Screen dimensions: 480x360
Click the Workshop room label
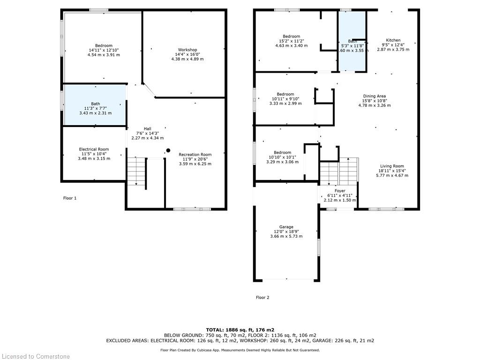click(187, 50)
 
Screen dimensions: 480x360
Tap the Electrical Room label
click(94, 149)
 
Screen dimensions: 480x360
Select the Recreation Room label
click(195, 154)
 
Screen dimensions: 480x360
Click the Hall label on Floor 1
click(148, 128)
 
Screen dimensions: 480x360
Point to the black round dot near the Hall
click(168, 150)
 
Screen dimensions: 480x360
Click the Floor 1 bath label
click(96, 104)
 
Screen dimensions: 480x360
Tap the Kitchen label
click(393, 40)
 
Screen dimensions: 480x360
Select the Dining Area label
click(375, 96)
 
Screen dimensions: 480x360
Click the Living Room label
click(392, 166)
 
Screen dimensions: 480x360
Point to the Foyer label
click(340, 191)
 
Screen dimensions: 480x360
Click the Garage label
click(286, 227)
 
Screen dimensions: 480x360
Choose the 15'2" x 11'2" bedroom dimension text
click(292, 41)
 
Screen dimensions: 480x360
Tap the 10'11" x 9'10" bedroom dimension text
click(285, 99)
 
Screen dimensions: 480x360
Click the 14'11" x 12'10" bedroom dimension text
click(104, 50)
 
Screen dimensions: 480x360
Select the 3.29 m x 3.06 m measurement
click(282, 162)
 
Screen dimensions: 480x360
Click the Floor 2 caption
click(262, 297)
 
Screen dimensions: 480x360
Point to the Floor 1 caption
click(70, 198)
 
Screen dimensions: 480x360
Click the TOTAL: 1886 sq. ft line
click(240, 330)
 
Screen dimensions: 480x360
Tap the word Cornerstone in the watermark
click(52, 356)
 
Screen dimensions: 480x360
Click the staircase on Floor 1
click(136, 172)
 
